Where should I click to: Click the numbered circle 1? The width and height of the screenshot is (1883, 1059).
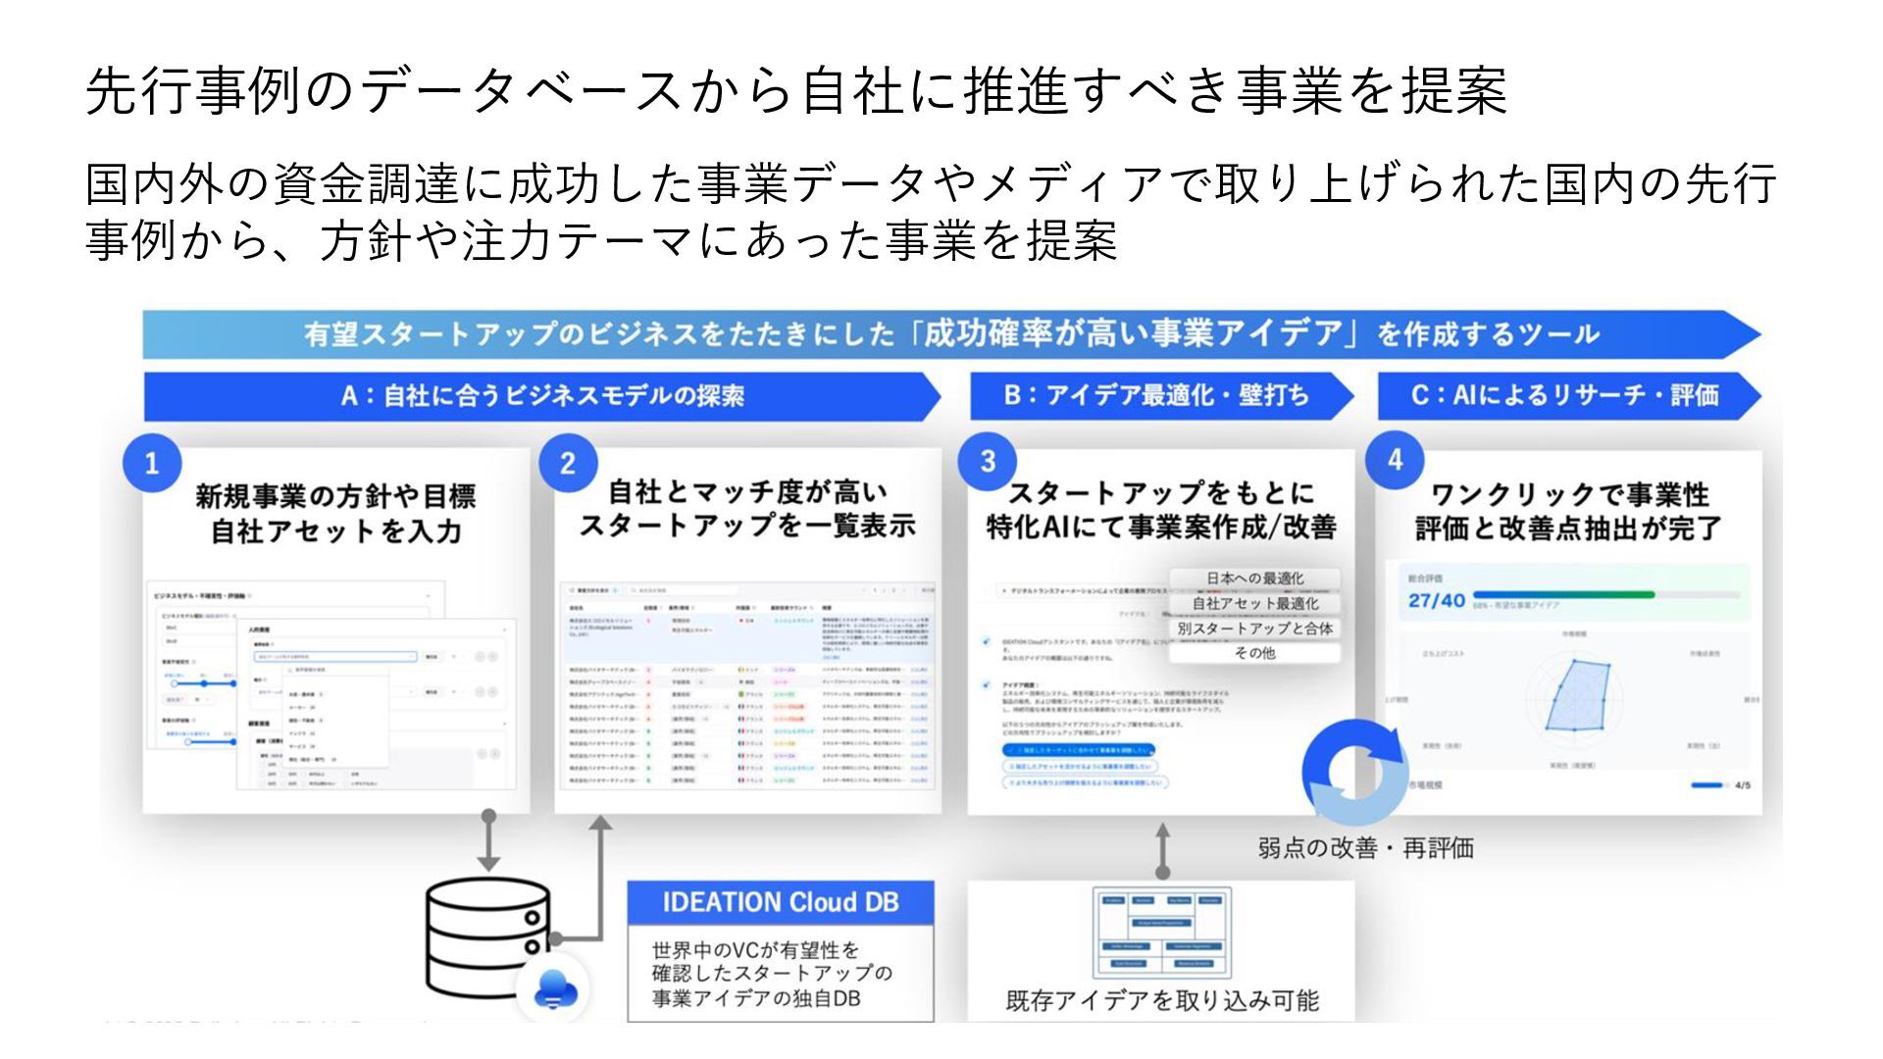[152, 464]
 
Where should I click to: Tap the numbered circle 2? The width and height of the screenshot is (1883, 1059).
[568, 464]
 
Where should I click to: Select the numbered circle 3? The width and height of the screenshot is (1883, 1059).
[988, 461]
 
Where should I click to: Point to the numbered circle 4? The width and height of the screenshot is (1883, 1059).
[1395, 460]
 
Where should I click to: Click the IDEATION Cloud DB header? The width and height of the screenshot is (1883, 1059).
[781, 902]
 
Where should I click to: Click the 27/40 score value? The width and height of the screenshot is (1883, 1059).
[1436, 600]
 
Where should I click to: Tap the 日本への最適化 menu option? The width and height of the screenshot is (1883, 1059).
[1254, 579]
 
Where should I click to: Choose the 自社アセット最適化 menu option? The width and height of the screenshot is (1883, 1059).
[1254, 603]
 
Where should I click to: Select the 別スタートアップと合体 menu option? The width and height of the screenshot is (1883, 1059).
[1254, 629]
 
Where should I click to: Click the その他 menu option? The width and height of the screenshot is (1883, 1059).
[1254, 653]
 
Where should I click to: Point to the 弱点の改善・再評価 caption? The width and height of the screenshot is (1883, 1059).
[1365, 848]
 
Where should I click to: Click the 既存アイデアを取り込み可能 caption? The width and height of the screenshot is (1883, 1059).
[1162, 1001]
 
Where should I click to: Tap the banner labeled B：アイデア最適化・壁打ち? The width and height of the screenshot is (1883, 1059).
[1157, 395]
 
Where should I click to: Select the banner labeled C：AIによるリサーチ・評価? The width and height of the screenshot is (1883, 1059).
[1564, 395]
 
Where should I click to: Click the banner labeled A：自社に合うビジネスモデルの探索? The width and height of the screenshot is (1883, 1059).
[541, 396]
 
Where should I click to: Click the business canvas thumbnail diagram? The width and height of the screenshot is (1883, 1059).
[1162, 932]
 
